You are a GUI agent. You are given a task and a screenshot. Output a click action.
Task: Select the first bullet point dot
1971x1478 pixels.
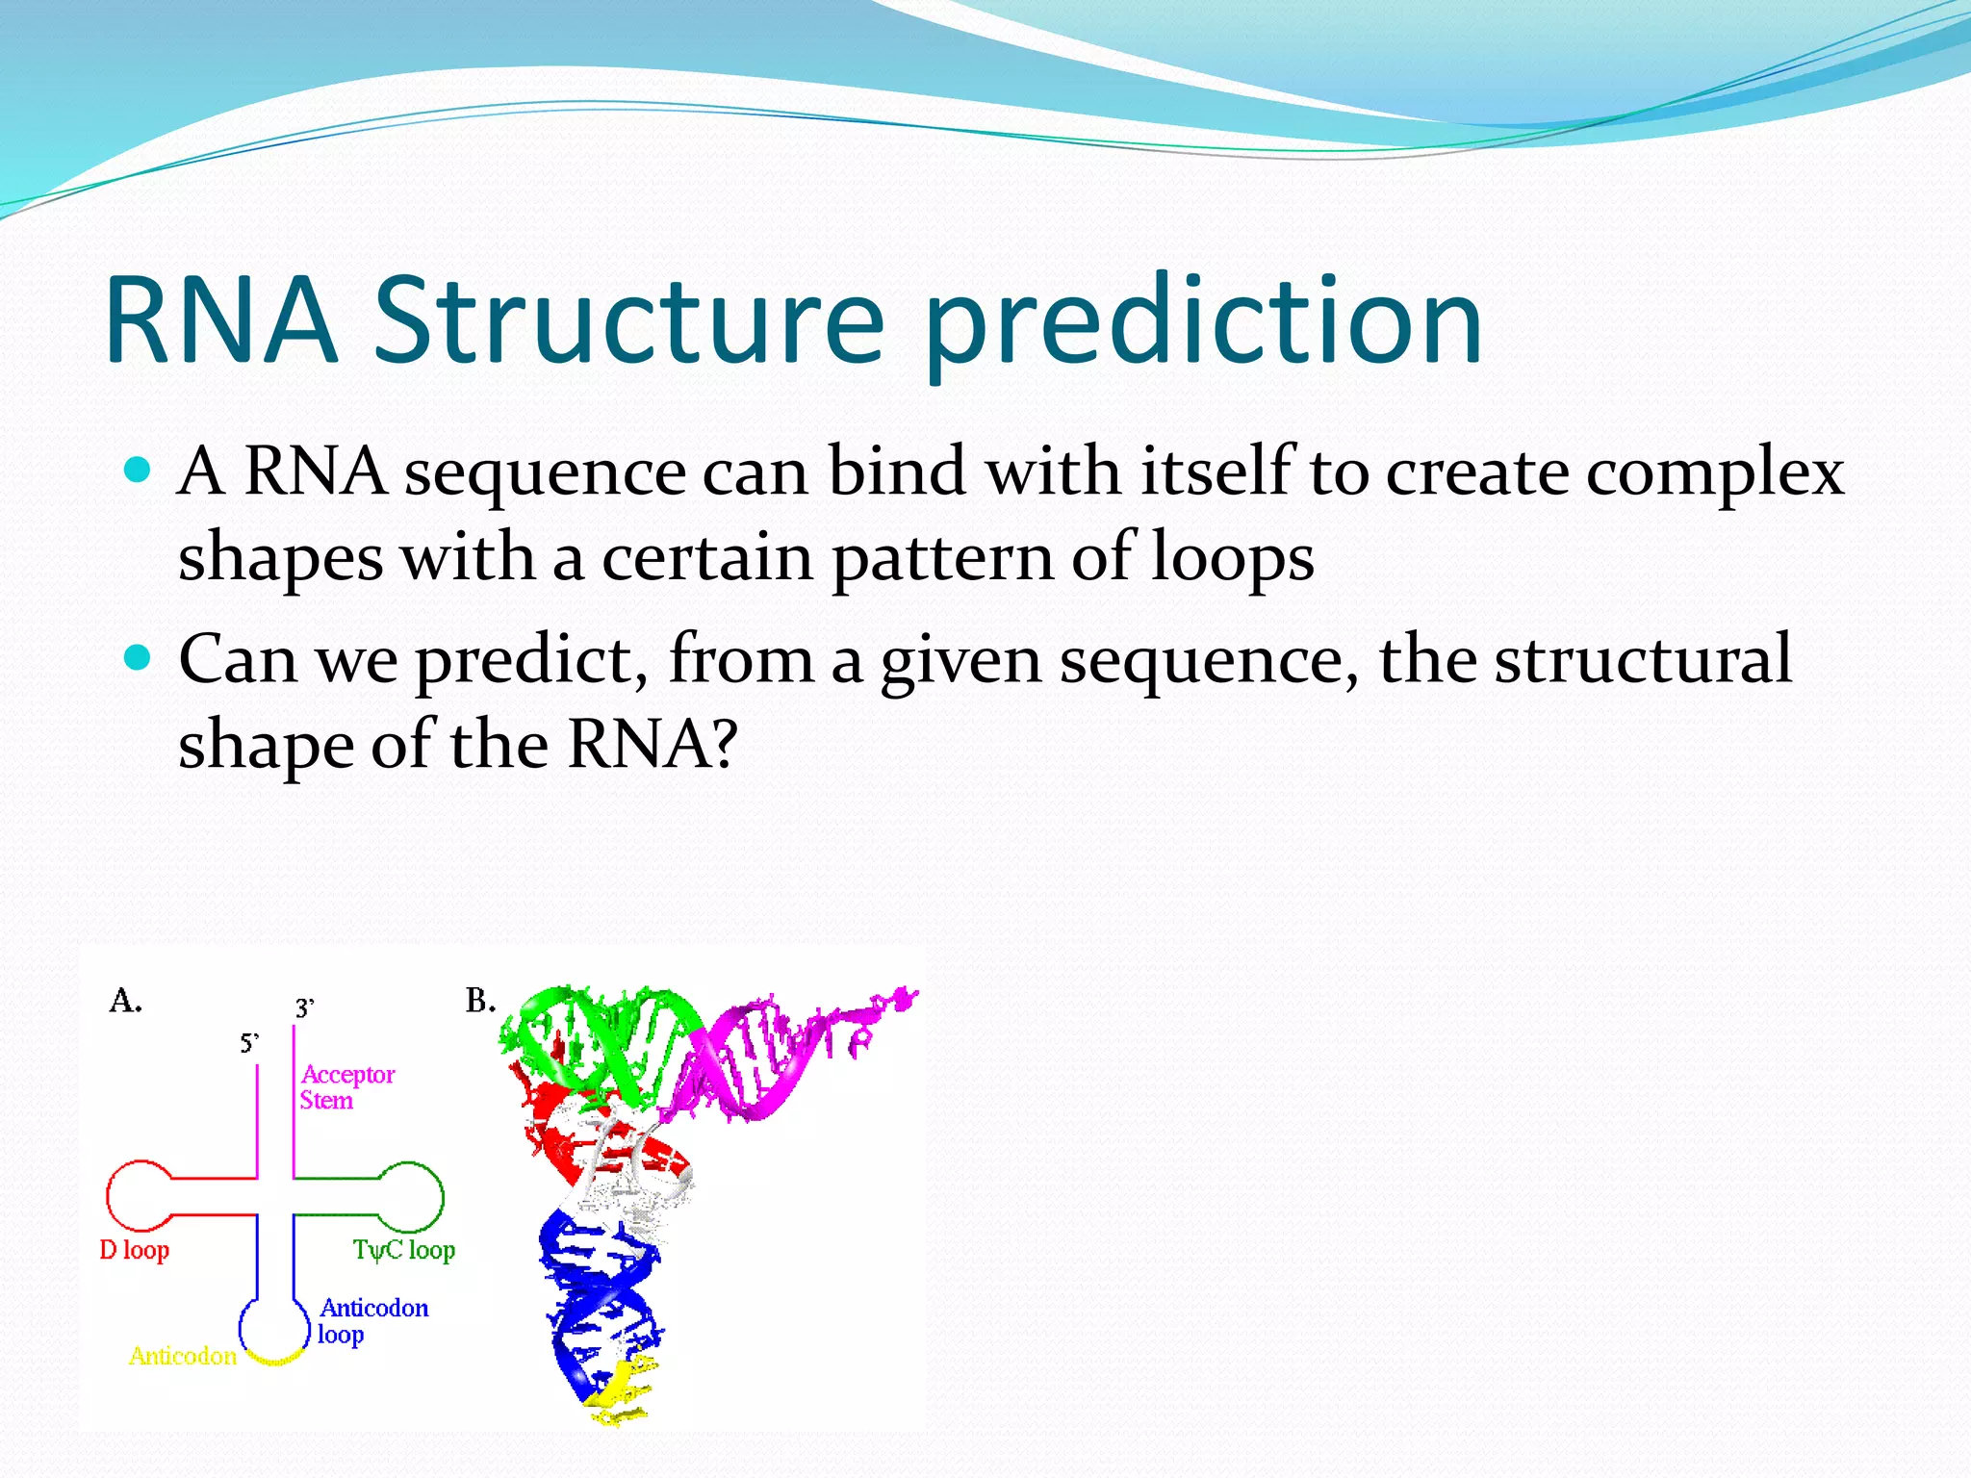point(139,471)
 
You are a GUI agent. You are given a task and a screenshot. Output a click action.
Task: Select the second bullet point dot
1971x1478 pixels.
point(139,658)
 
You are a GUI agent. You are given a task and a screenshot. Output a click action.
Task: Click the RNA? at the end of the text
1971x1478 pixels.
point(653,745)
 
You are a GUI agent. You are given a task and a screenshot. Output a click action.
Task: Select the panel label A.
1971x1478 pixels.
point(125,1001)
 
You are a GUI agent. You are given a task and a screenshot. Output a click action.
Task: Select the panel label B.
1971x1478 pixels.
point(479,1001)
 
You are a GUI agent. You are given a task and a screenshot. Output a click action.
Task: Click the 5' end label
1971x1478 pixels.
point(249,1043)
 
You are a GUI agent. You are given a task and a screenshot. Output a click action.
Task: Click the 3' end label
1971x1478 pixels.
point(304,1007)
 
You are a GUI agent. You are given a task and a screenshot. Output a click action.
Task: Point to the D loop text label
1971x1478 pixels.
point(135,1250)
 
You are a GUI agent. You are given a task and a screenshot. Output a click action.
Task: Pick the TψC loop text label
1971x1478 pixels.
point(403,1250)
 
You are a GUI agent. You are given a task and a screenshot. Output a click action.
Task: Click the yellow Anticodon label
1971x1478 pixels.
point(183,1356)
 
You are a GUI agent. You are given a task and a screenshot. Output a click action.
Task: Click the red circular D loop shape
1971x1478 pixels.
point(138,1196)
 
